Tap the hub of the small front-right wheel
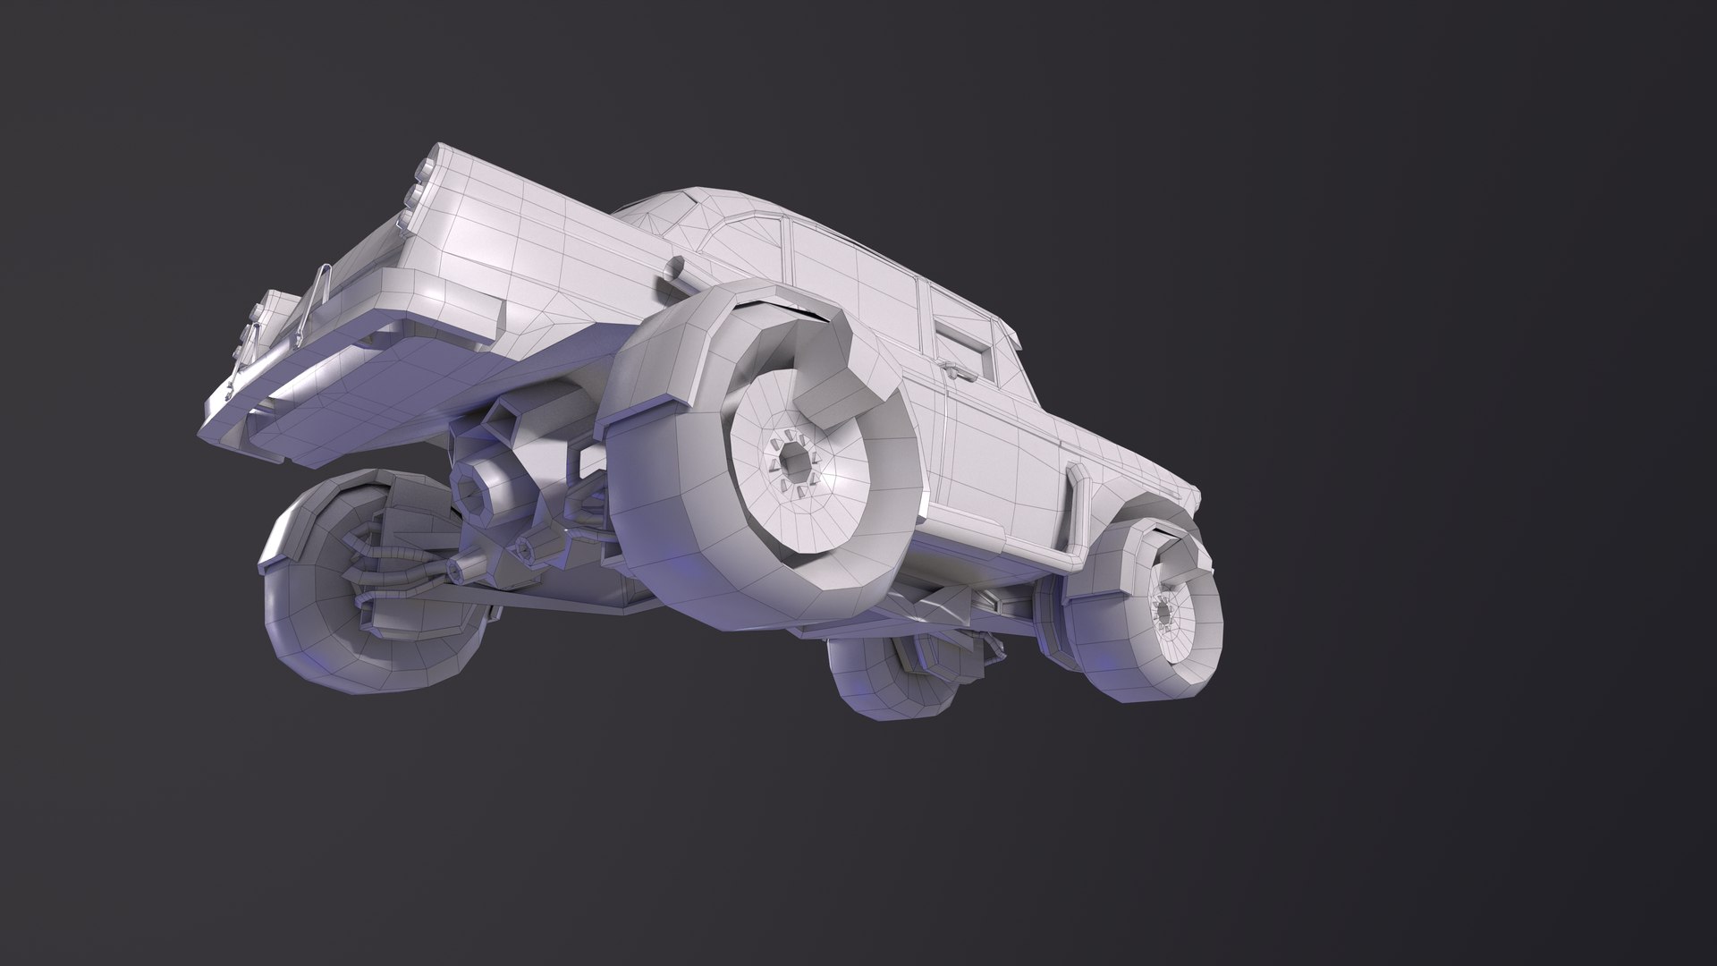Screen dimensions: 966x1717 1165,612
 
